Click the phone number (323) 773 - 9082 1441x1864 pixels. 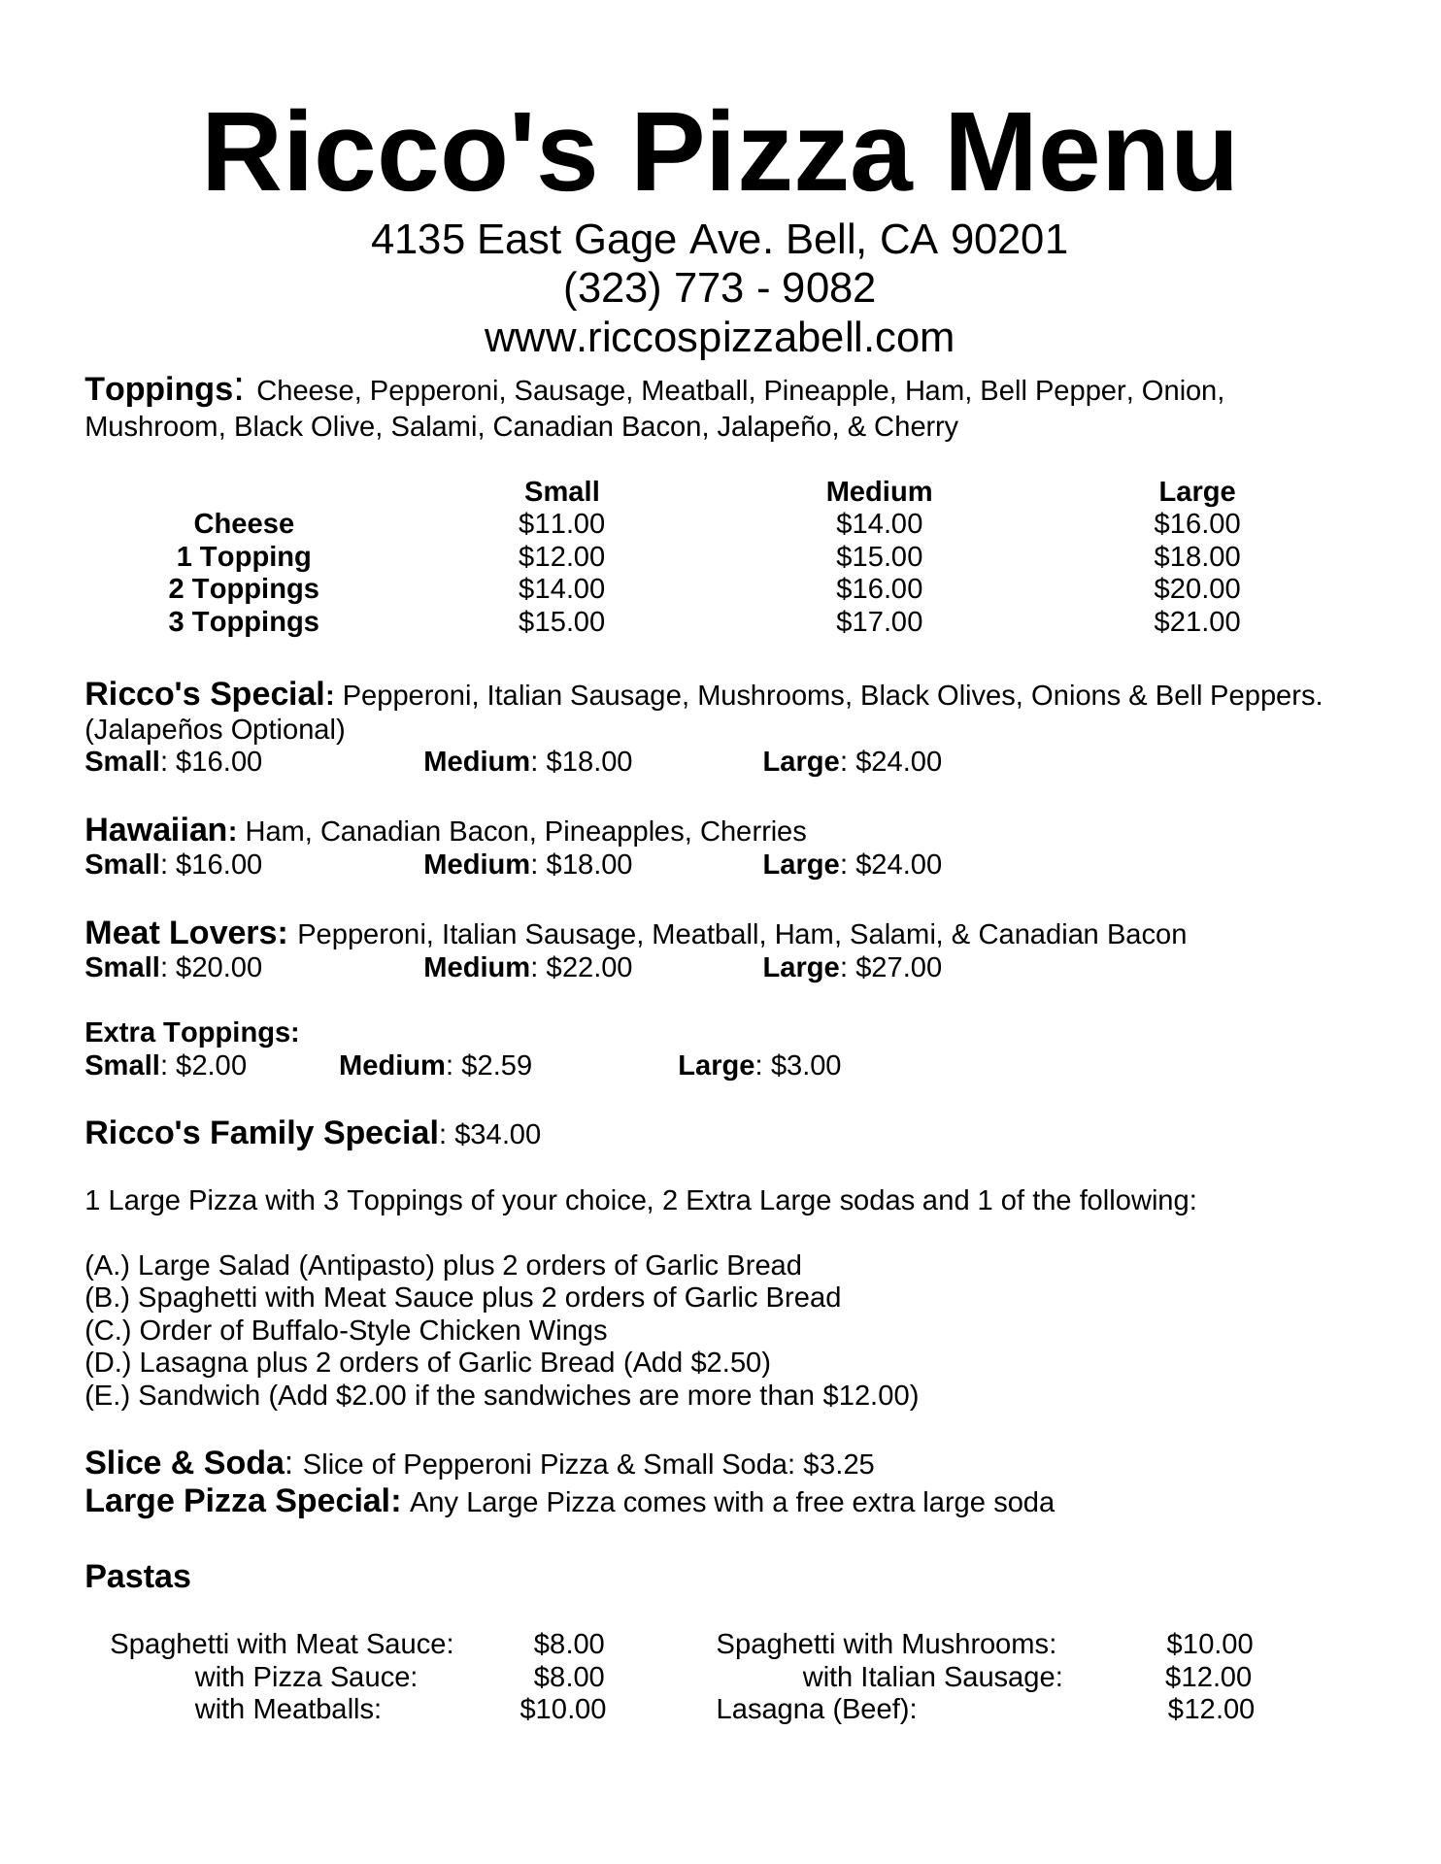(719, 288)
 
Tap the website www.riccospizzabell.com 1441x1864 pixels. (719, 338)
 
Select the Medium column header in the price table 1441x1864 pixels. (878, 491)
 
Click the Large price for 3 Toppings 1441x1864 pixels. (1195, 621)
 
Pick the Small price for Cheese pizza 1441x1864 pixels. (560, 524)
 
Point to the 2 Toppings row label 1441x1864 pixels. (243, 589)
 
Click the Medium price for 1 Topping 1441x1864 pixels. (878, 556)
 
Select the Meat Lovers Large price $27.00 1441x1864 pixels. (898, 968)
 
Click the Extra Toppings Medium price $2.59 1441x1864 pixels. (496, 1066)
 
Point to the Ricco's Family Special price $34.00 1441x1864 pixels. (497, 1134)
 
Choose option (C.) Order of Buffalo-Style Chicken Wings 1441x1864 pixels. (346, 1330)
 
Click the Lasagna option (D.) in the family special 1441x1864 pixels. (427, 1363)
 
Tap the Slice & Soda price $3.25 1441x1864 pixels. (838, 1464)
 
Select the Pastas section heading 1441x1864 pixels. (138, 1577)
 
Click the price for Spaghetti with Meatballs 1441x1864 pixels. (562, 1709)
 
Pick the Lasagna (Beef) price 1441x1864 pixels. (1210, 1709)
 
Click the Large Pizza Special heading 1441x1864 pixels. (243, 1501)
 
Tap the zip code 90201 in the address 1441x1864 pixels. (1009, 240)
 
